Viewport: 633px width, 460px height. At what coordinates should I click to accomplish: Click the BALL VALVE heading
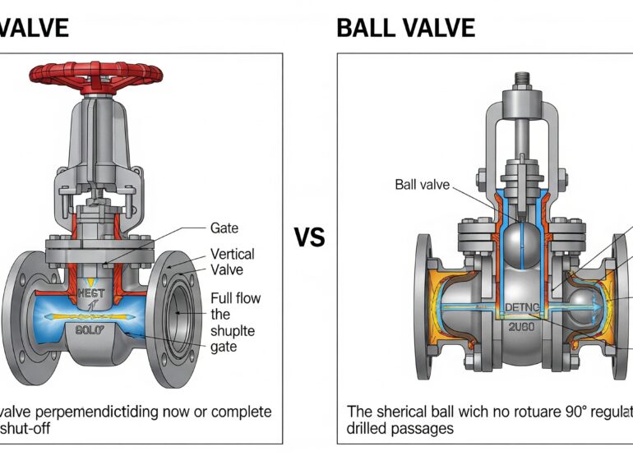[405, 28]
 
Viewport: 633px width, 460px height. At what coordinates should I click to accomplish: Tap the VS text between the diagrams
[309, 237]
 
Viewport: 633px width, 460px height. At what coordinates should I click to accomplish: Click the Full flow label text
[237, 298]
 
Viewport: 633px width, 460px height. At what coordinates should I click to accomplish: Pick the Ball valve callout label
[423, 185]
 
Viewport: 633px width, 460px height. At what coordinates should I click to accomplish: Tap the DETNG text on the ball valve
[520, 308]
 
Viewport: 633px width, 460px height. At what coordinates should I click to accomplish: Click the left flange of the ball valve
[424, 306]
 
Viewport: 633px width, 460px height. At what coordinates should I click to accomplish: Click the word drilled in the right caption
[367, 428]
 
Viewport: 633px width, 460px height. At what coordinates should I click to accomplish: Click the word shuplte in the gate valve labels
[234, 330]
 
